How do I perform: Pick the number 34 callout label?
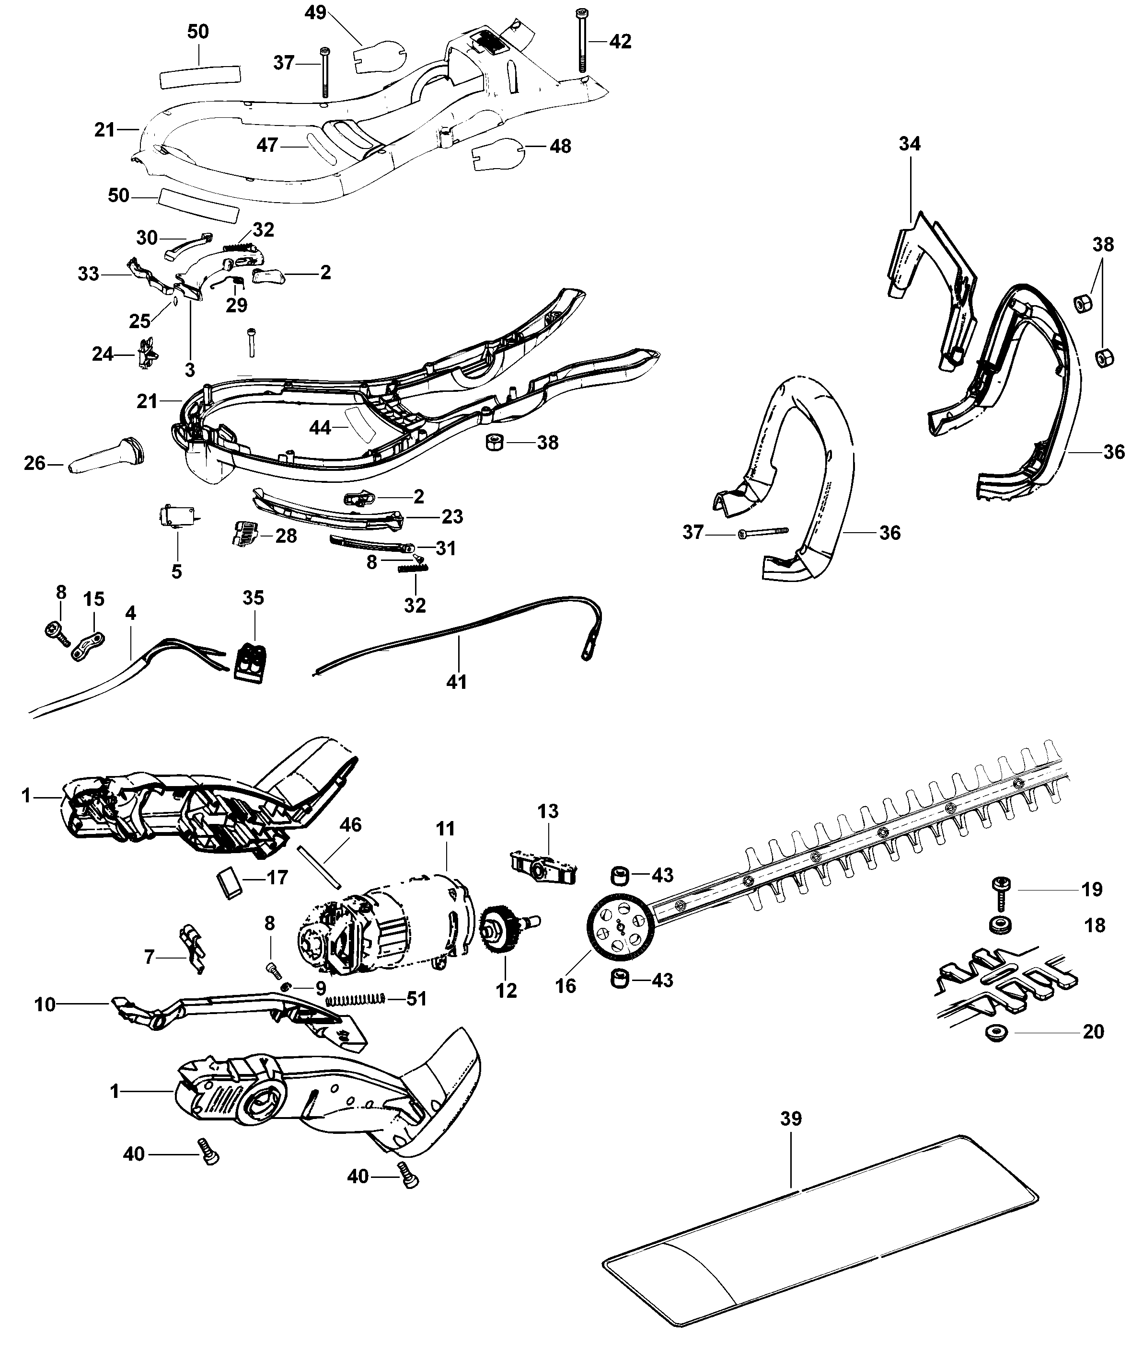click(x=909, y=144)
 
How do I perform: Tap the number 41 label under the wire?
click(x=457, y=682)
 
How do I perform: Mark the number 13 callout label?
click(x=548, y=811)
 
